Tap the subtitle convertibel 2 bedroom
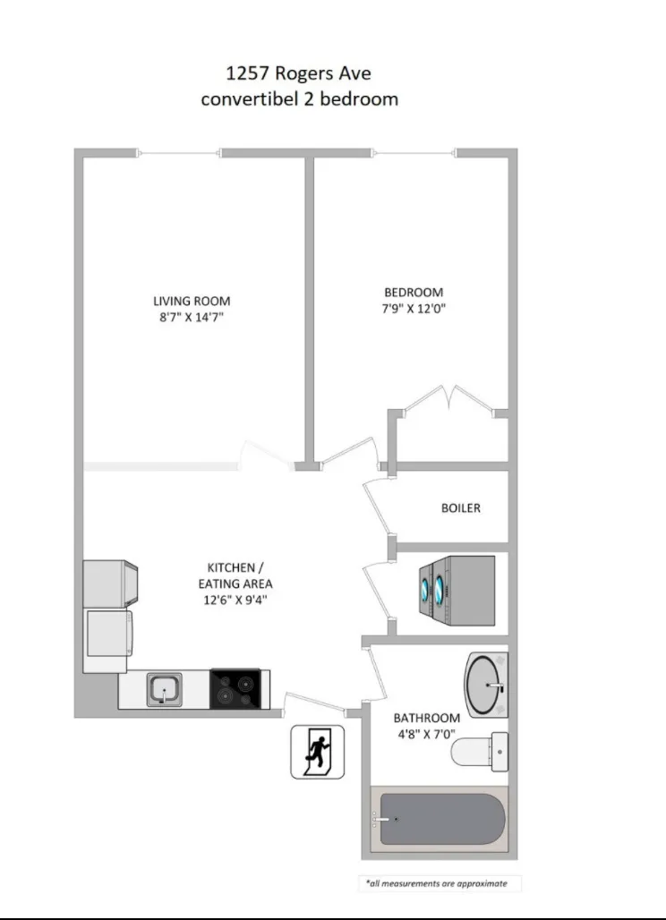tap(299, 98)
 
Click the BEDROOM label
tap(414, 292)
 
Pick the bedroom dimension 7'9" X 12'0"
tap(414, 309)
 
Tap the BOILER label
tap(461, 507)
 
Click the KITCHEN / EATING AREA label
tap(235, 575)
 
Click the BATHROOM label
tap(427, 718)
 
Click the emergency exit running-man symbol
tap(317, 752)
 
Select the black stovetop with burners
tap(235, 689)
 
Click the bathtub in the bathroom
tap(438, 820)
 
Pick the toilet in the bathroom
tap(480, 750)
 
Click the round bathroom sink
tap(487, 685)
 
